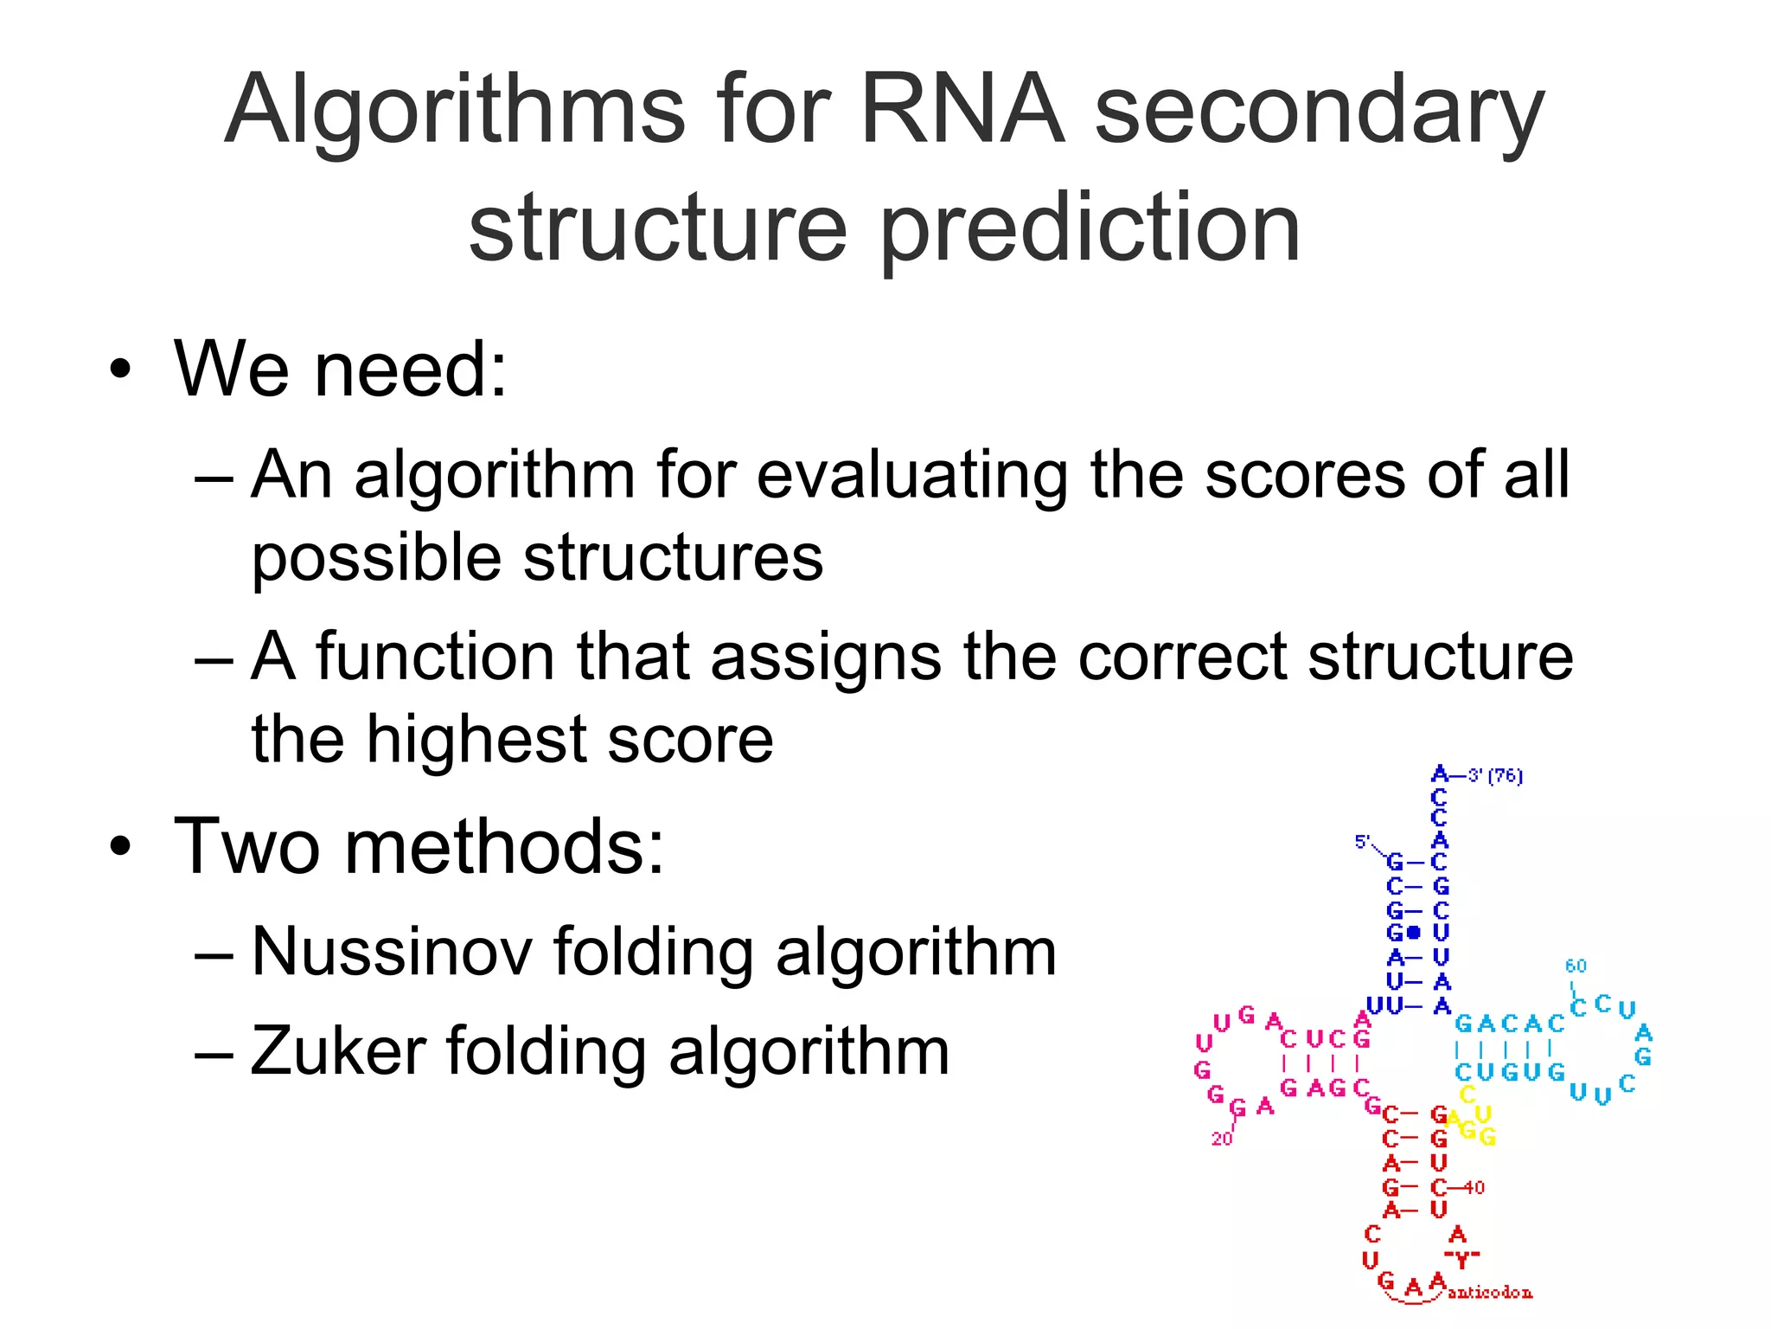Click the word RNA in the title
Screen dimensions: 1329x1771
click(962, 111)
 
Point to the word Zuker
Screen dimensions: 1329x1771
click(337, 1050)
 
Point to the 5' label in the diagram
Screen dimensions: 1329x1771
click(1362, 842)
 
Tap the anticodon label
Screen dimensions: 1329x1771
click(1489, 1293)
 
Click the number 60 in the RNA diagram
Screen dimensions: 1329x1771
click(1576, 966)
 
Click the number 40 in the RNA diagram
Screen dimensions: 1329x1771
click(1474, 1187)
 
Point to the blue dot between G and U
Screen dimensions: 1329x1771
click(1414, 933)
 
